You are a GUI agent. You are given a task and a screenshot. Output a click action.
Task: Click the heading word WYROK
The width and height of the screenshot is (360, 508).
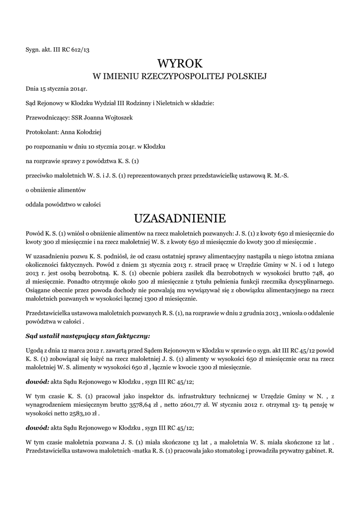(x=180, y=63)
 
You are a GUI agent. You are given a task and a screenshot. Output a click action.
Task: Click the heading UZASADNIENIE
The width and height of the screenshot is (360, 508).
(x=180, y=218)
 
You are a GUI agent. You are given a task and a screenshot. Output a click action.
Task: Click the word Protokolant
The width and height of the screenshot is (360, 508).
(x=41, y=132)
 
